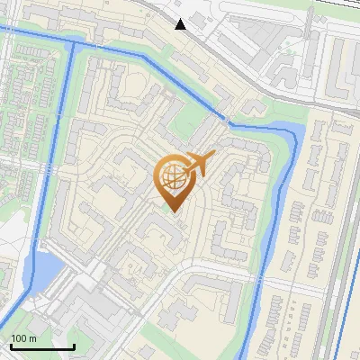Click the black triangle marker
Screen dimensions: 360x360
click(x=181, y=23)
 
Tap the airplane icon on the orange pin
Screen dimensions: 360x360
click(x=198, y=165)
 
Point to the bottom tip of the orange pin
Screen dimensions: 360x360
click(x=173, y=211)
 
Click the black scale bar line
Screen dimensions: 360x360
click(x=41, y=346)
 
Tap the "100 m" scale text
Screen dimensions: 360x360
click(x=23, y=338)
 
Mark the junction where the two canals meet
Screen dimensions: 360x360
click(x=72, y=43)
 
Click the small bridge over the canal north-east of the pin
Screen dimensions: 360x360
click(x=224, y=118)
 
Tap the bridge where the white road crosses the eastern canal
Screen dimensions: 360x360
click(x=260, y=286)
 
